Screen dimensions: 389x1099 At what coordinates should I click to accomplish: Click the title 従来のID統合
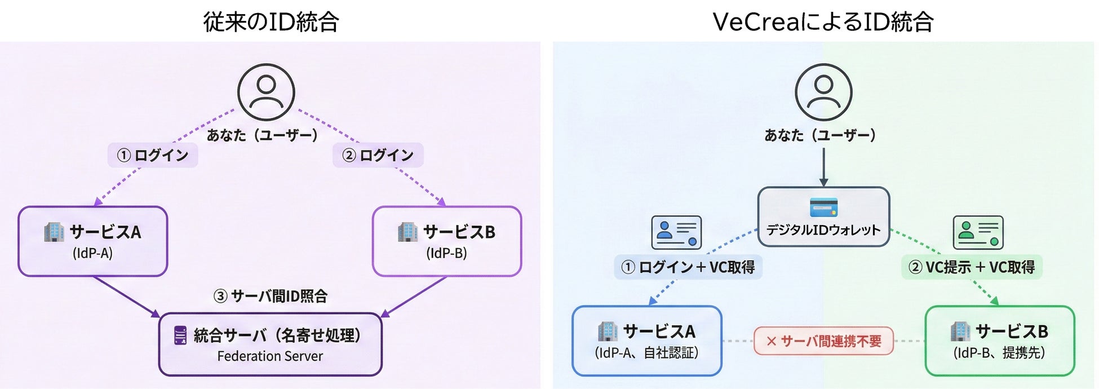click(x=271, y=21)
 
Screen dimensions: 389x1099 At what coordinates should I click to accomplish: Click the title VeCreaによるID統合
click(x=823, y=21)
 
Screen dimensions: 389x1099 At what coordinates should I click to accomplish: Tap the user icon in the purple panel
click(x=266, y=92)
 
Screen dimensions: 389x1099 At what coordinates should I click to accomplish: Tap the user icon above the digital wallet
click(x=823, y=92)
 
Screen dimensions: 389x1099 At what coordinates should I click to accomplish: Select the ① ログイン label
click(x=153, y=155)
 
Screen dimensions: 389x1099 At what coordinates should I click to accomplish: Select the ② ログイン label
click(x=378, y=155)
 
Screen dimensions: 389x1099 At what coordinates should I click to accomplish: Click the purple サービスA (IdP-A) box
click(x=93, y=241)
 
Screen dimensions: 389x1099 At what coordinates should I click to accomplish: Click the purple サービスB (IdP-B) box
click(x=447, y=241)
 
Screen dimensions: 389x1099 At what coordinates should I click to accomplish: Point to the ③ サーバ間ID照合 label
click(x=271, y=296)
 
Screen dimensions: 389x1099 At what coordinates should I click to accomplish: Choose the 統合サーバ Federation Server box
click(x=271, y=344)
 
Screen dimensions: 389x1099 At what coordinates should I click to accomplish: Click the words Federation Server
click(x=270, y=356)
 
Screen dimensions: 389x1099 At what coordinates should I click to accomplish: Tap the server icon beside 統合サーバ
click(x=180, y=335)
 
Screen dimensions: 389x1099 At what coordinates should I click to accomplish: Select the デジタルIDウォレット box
click(x=823, y=217)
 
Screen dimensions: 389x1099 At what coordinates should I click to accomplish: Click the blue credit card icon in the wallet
click(x=823, y=207)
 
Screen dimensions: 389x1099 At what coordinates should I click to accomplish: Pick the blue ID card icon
click(x=676, y=232)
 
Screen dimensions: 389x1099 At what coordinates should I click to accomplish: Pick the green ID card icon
click(x=978, y=232)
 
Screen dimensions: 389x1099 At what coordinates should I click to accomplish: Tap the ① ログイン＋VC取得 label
click(x=688, y=267)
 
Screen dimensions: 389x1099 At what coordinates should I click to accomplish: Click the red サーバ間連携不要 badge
click(x=823, y=341)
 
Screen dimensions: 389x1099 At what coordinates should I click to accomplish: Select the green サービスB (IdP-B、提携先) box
click(x=1000, y=341)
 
